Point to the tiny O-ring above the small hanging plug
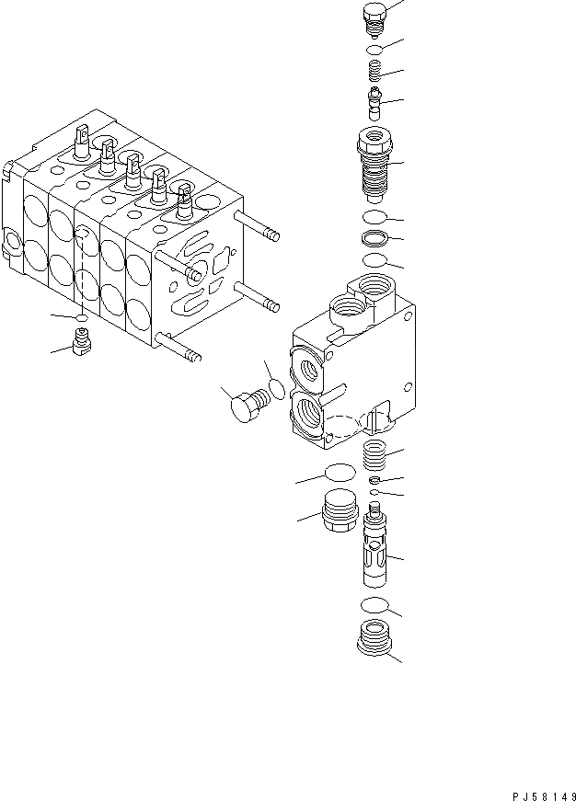(82, 322)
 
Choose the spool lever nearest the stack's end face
(182, 199)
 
